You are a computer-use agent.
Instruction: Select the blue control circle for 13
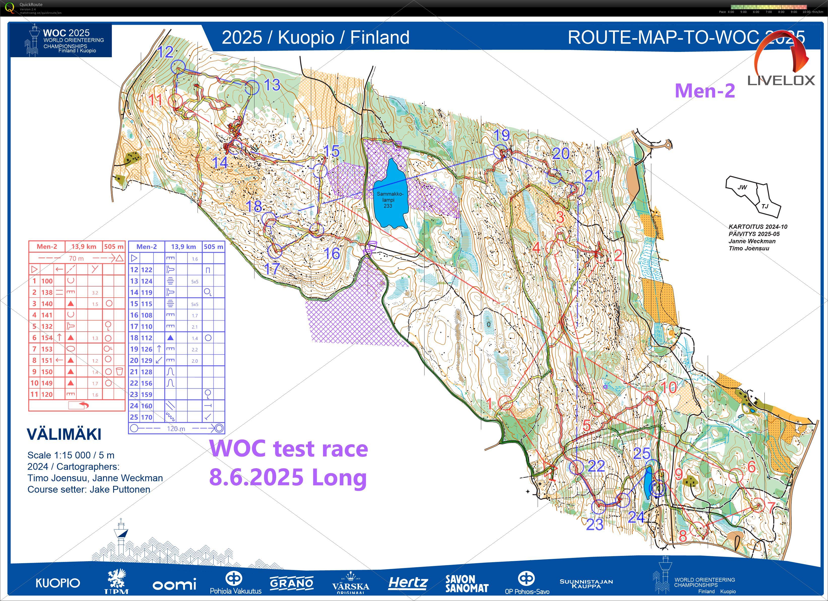[x=251, y=88]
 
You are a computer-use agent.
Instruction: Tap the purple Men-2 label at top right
[x=705, y=90]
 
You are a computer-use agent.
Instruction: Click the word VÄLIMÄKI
[x=64, y=434]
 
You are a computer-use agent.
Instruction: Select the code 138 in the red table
[x=47, y=292]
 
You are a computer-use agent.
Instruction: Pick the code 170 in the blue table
[x=147, y=417]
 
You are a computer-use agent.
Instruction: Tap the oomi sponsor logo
[x=174, y=585]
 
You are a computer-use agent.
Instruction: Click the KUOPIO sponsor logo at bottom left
[x=58, y=583]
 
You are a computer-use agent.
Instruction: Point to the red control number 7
[x=771, y=508]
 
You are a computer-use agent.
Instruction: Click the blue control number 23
[x=595, y=525]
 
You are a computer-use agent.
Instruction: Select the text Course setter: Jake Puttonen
[x=89, y=489]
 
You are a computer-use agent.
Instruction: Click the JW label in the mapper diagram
[x=742, y=187]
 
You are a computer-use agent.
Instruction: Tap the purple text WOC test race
[x=289, y=449]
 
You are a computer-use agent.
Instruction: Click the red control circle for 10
[x=650, y=398]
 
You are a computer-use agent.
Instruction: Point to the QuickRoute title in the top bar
[x=31, y=4]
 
